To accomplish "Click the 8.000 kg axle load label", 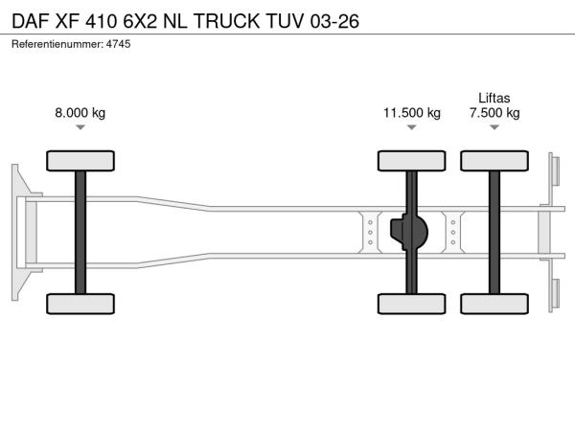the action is click(x=80, y=113).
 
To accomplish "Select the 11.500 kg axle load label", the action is click(x=412, y=113).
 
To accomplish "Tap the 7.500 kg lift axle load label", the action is click(x=494, y=113).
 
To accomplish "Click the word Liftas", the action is click(x=494, y=98).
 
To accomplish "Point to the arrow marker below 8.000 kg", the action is click(x=80, y=127).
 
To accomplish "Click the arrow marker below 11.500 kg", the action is click(x=412, y=127).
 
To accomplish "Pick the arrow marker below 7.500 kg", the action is click(x=494, y=127).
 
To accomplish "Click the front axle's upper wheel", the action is click(x=80, y=161).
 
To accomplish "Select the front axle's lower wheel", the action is click(x=80, y=304).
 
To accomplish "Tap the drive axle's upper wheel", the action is click(x=412, y=161).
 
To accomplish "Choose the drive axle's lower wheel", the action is click(x=412, y=304).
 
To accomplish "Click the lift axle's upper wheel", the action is click(x=494, y=161).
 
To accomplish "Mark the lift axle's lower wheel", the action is click(x=494, y=304).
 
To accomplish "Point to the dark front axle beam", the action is click(x=80, y=233).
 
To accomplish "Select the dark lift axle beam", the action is click(x=494, y=233).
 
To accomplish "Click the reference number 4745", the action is click(x=119, y=44).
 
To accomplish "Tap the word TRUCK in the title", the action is click(x=226, y=21).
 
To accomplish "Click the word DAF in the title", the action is click(x=31, y=21).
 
